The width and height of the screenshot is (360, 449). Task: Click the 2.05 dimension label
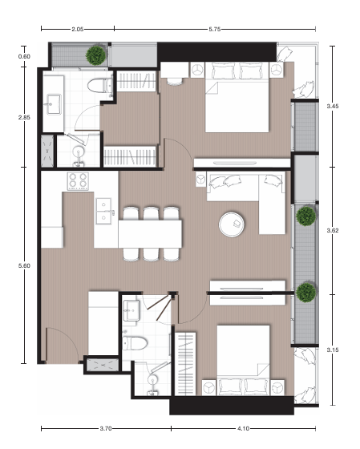[x=77, y=29]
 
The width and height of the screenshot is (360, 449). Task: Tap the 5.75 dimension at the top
[x=215, y=29]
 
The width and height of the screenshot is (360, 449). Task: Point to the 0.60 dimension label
[x=24, y=56]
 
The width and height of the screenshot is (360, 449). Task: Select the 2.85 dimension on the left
[x=24, y=117]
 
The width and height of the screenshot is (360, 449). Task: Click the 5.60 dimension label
[x=24, y=265]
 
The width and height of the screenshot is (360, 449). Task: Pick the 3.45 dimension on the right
[x=333, y=106]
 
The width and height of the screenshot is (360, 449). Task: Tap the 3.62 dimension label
[x=333, y=230]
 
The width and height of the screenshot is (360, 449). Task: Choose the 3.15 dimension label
[x=333, y=350]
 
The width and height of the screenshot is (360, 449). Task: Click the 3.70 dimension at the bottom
[x=106, y=428]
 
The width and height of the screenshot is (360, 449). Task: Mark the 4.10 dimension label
[x=243, y=428]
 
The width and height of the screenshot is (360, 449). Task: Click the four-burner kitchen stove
[x=78, y=181]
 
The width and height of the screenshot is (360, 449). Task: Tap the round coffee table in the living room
[x=232, y=224]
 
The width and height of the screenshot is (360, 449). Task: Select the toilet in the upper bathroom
[x=100, y=85]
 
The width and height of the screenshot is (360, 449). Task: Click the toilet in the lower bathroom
[x=135, y=343]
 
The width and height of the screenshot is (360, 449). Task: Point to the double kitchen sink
[x=103, y=211]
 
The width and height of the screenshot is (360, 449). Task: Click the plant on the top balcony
[x=95, y=55]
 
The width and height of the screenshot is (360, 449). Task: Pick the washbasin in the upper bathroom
[x=55, y=104]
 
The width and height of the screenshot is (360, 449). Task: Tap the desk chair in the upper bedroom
[x=175, y=81]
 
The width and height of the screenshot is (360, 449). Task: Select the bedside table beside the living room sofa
[x=200, y=180]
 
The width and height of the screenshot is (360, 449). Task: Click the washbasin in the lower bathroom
[x=131, y=310]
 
